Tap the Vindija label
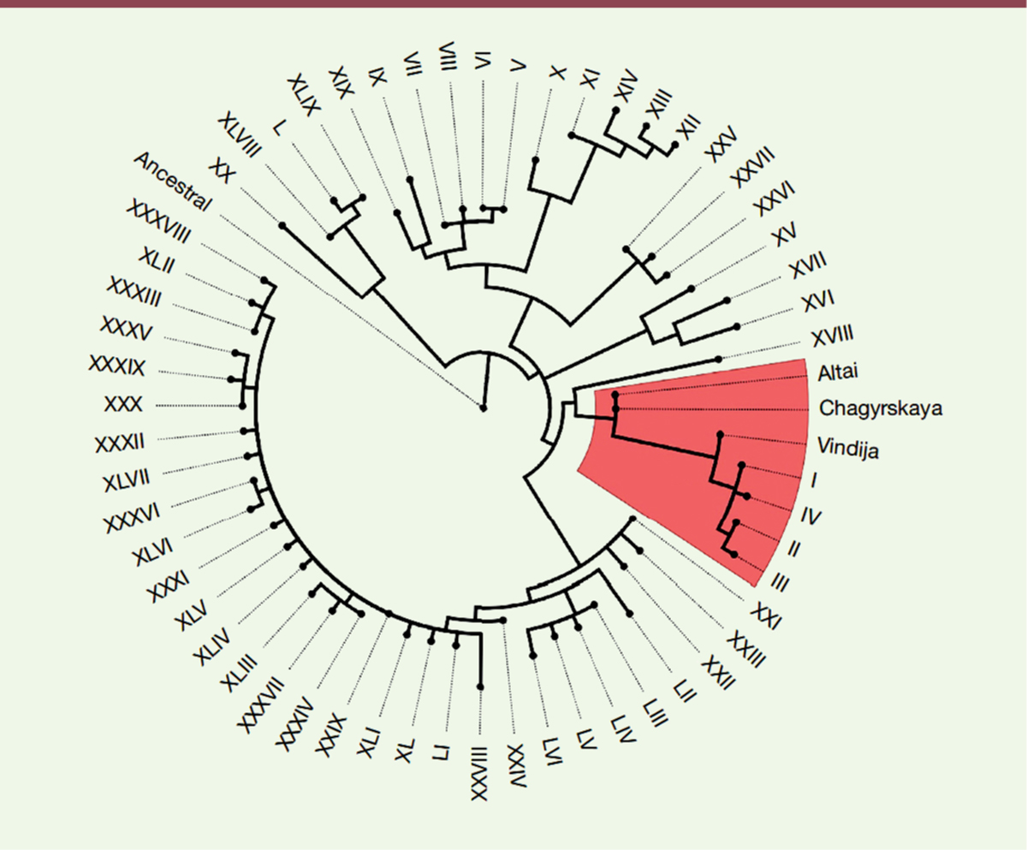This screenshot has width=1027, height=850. tap(848, 445)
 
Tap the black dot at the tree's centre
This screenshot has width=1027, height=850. tap(484, 408)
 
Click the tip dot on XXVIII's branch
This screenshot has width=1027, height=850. tap(481, 687)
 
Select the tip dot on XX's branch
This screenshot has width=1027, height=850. tap(281, 225)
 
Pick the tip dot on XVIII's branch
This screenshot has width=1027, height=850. tap(719, 359)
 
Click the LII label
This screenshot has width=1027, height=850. tap(683, 692)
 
